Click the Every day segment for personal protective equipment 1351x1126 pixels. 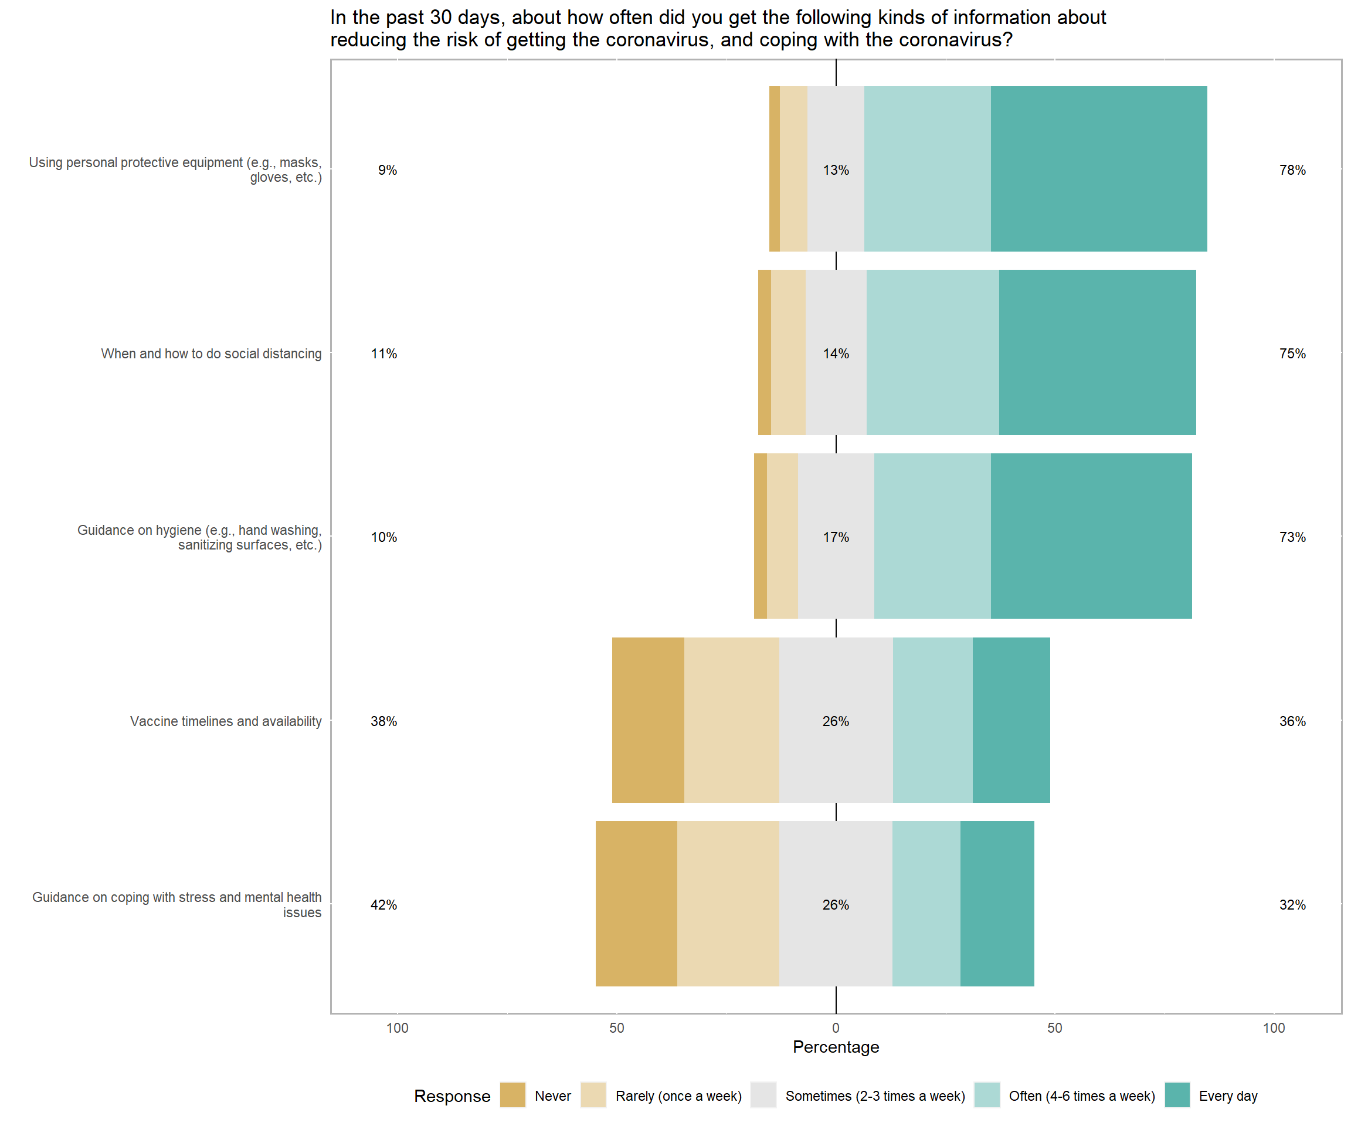(1098, 168)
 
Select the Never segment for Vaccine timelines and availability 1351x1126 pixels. (648, 720)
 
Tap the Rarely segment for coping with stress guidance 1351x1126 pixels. (728, 903)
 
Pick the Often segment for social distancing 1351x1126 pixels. (932, 352)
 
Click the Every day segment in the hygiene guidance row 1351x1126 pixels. (1091, 536)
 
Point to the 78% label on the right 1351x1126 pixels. (1292, 170)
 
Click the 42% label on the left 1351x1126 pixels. (383, 905)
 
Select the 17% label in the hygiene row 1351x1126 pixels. (836, 537)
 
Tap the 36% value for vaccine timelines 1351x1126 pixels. (1292, 721)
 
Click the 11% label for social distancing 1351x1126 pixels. (383, 354)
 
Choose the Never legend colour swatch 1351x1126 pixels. (512, 1095)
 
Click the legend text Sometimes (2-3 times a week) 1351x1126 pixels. (875, 1096)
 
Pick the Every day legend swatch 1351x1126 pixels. (1177, 1095)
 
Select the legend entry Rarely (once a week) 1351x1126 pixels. (678, 1096)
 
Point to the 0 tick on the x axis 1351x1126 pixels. (836, 1027)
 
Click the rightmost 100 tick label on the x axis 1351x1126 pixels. (1273, 1027)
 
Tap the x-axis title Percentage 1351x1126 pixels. (836, 1047)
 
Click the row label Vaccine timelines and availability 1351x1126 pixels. (226, 721)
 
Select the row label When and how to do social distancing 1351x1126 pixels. (211, 354)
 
